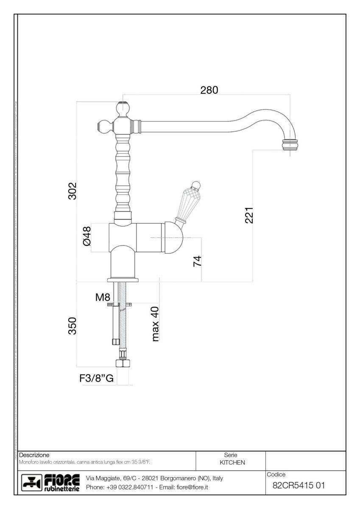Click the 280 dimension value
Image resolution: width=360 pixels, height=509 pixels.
tap(209, 90)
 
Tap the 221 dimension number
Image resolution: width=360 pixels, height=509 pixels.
tap(249, 215)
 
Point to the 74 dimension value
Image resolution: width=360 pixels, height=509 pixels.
tap(197, 261)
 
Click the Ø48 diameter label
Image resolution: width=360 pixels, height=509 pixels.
tap(87, 236)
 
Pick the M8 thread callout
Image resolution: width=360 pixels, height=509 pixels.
tap(103, 297)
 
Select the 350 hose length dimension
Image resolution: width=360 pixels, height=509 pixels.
tap(73, 326)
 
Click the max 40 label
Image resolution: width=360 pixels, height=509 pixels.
tap(155, 324)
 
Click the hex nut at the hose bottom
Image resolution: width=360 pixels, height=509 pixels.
tap(122, 364)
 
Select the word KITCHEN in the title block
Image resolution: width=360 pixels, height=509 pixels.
tap(232, 462)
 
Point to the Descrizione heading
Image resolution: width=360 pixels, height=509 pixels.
tap(34, 455)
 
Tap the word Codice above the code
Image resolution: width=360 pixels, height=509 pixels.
tap(277, 474)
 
